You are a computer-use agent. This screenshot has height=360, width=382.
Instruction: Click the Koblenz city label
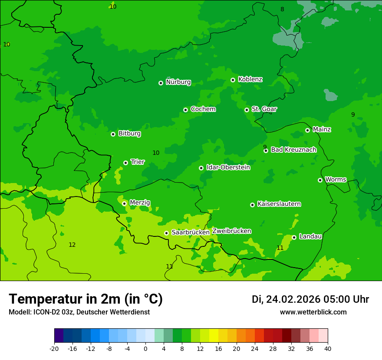point(250,79)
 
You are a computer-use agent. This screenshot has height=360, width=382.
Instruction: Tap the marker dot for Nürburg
point(161,83)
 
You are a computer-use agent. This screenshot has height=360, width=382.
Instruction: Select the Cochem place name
point(203,109)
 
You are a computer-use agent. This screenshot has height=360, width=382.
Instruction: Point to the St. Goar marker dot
point(247,110)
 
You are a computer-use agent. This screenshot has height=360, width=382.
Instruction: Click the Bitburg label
point(129,134)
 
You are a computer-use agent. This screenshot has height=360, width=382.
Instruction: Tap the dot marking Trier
point(125,163)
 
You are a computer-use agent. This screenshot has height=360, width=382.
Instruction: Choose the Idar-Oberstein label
point(228,167)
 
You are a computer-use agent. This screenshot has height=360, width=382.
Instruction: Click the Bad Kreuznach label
point(293,150)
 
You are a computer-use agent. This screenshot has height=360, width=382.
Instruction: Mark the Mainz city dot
point(307,130)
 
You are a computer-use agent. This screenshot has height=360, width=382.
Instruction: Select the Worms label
point(335,180)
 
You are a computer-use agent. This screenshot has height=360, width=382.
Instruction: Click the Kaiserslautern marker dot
point(252,205)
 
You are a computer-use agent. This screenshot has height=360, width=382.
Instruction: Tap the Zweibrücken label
point(231,231)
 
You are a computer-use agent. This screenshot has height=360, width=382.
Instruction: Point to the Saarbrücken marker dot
point(166,233)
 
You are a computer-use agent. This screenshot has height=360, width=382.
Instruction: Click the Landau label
point(310,236)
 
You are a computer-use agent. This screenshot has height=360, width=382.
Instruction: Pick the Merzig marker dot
point(124,203)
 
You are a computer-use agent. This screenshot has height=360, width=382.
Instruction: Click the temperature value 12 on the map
point(72,245)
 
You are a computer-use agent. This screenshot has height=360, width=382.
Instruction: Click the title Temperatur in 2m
point(86,299)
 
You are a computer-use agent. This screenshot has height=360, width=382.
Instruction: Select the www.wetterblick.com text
point(313,312)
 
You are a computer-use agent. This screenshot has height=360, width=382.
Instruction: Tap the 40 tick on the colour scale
point(328,349)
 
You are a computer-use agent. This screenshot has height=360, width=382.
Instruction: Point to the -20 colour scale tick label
point(54,349)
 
